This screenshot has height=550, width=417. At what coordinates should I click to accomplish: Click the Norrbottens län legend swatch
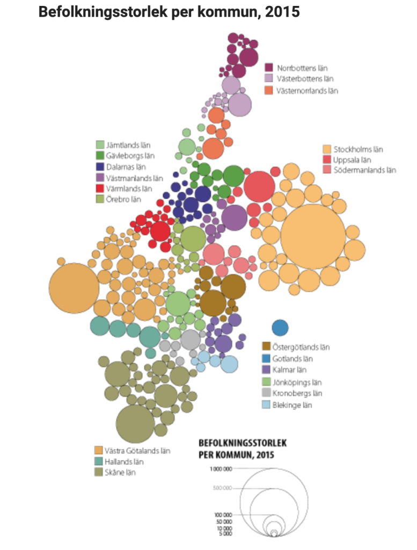270,68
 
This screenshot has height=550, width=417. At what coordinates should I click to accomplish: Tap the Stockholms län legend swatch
326,149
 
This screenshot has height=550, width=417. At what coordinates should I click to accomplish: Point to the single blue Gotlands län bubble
280,327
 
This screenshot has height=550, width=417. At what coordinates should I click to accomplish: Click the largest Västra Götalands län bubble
74,288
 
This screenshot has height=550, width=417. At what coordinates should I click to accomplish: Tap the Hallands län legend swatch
99,461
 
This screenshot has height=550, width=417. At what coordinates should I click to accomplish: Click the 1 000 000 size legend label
220,469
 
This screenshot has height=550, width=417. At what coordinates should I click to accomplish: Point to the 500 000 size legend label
222,488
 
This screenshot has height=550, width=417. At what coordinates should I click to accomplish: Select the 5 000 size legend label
225,534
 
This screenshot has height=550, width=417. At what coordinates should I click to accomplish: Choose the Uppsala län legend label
352,160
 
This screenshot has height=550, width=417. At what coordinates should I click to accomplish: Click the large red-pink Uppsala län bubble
259,185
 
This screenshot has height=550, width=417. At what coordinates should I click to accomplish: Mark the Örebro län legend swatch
100,199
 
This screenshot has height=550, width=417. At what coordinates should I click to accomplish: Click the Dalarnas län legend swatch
100,167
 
